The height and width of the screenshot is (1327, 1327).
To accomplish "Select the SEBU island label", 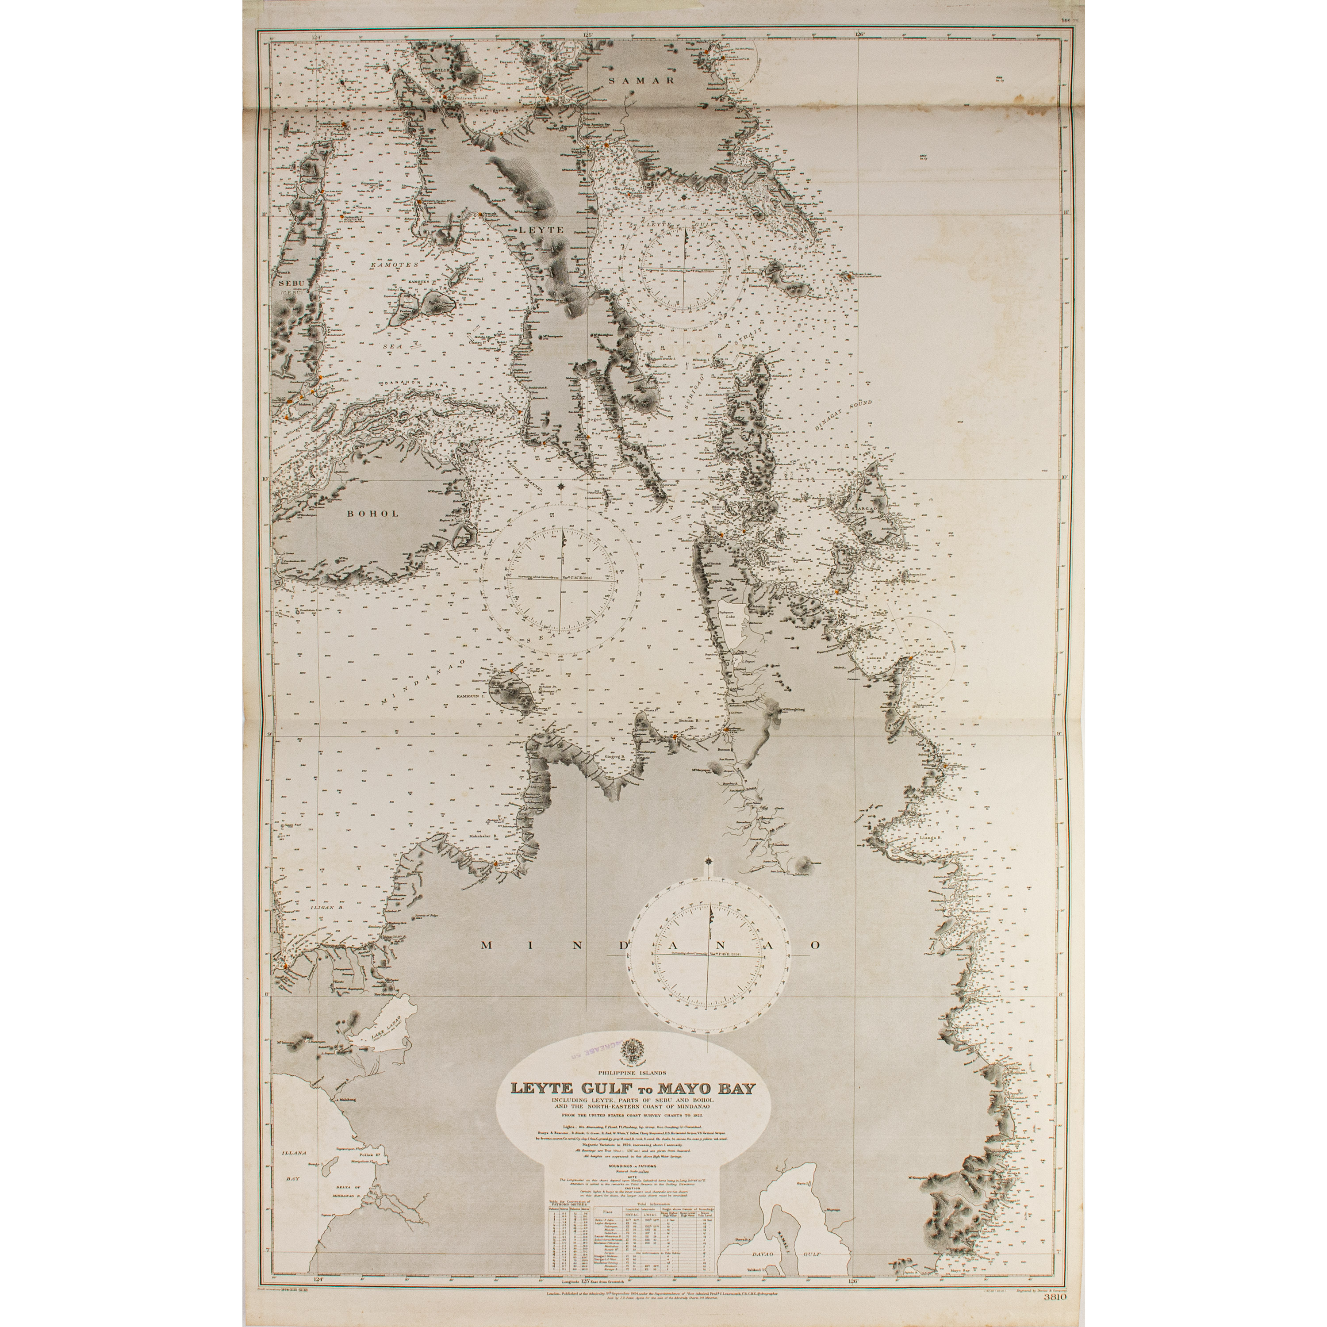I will (x=291, y=283).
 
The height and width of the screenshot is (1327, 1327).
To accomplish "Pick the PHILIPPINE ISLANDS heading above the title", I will (x=628, y=1072).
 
